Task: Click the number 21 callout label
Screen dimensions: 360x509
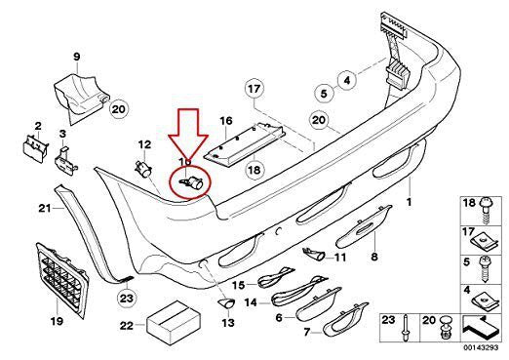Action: [x=43, y=208]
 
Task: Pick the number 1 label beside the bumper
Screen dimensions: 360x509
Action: [x=410, y=202]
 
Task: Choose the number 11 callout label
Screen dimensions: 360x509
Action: [x=339, y=258]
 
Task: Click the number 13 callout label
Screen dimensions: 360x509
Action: [x=227, y=322]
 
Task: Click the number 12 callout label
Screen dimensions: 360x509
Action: [x=143, y=144]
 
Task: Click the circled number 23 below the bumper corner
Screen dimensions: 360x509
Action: [x=126, y=298]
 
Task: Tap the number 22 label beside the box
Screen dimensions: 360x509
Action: [x=126, y=325]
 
